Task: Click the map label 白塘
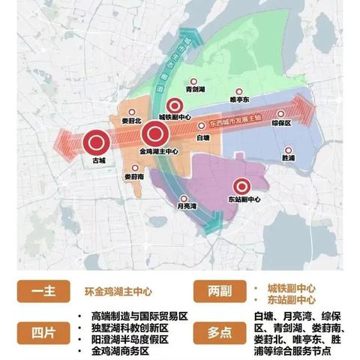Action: click(202, 138)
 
